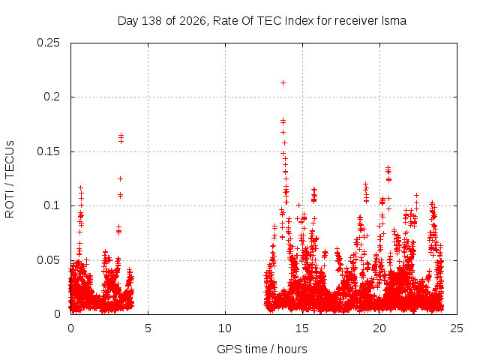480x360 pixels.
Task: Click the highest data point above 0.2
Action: pos(283,82)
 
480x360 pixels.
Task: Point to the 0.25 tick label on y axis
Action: pos(48,43)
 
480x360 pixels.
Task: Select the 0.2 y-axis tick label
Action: pos(52,97)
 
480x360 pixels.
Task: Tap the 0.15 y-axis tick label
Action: pos(48,151)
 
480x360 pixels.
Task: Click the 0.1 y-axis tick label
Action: pos(52,205)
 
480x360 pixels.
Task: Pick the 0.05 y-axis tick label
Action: pos(48,260)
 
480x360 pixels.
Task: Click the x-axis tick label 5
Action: pos(148,328)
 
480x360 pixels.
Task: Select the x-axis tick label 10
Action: pos(225,328)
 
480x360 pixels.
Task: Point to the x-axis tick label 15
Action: pos(302,328)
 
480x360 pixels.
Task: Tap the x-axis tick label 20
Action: pos(379,328)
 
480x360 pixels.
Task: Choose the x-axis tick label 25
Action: pos(457,328)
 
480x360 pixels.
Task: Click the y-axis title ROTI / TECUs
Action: pos(10,179)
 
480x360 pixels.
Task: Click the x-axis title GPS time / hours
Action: pos(262,349)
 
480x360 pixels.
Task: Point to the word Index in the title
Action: pos(299,21)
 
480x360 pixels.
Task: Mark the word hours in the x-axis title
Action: pos(292,349)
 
